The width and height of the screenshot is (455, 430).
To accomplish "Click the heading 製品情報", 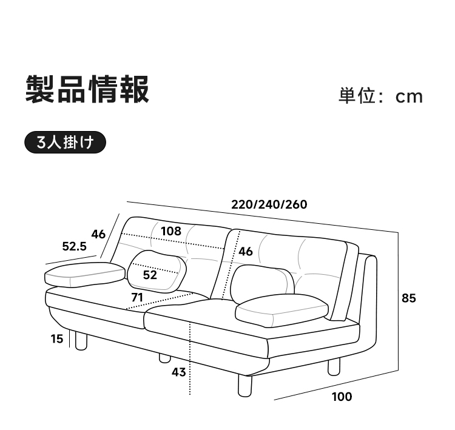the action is point(87,89).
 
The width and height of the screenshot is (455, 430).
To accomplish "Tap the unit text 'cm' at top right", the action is point(409,96).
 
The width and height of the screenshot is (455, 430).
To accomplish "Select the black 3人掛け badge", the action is point(66,142).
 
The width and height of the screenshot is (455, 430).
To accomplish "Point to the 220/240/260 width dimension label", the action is point(269,204).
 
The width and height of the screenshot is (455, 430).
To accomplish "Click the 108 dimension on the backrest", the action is point(171,231).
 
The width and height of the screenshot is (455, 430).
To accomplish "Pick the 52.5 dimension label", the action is point(74,246).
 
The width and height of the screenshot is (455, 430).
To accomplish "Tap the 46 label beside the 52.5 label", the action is point(98,234).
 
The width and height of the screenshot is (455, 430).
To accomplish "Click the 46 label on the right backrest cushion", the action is point(246,251).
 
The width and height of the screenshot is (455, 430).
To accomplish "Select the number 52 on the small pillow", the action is point(150,275).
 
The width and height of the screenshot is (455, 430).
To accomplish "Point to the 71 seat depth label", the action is point(137,297).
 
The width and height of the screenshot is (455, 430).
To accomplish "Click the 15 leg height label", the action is point(57,338).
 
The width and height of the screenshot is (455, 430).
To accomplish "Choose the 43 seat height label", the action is point(178,372).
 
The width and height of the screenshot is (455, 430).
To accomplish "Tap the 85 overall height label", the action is point(408,298).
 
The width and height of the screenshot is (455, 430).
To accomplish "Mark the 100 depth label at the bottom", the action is point(342,397).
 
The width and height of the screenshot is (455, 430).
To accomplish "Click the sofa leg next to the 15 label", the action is point(81,341).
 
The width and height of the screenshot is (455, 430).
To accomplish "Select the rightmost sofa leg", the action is point(334,367).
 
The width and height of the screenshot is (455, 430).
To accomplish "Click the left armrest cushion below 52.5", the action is point(84,275).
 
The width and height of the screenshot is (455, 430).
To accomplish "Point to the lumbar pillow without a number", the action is point(263,283).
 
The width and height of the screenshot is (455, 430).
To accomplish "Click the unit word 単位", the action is point(357,96).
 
